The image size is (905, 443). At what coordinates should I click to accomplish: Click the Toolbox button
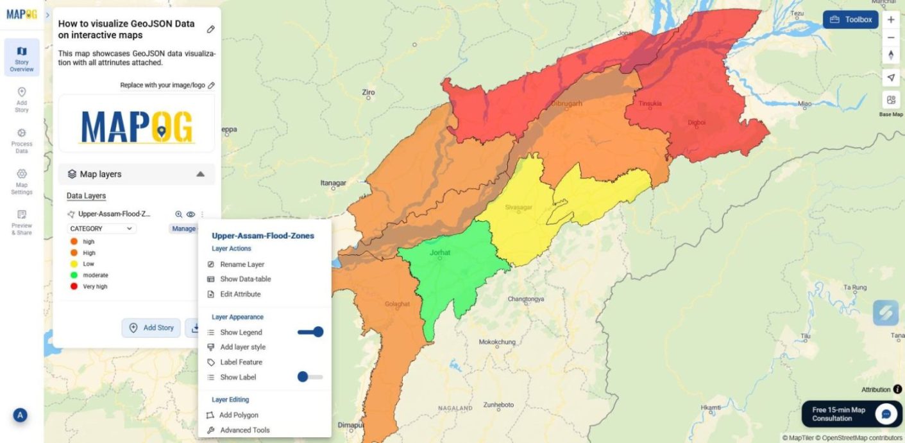(850, 19)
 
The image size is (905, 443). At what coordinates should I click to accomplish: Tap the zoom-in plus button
(891, 20)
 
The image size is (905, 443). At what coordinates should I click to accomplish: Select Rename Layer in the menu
(241, 265)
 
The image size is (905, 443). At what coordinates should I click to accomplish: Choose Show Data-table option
(244, 279)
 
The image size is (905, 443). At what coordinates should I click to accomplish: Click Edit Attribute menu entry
(240, 294)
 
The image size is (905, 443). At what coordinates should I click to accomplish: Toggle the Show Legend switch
(310, 332)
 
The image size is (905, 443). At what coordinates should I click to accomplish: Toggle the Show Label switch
(310, 377)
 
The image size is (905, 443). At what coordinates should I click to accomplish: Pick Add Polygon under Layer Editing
(238, 415)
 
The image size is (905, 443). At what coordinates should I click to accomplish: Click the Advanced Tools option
(244, 430)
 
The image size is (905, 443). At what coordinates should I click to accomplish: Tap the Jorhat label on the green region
(440, 253)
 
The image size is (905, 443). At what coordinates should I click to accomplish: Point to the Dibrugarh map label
(567, 103)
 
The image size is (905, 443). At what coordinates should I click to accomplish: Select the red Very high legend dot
(74, 286)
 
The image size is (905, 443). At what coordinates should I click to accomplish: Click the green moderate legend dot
(74, 275)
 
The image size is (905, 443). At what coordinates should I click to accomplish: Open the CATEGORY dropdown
(101, 229)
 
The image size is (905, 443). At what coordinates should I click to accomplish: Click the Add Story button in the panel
(151, 327)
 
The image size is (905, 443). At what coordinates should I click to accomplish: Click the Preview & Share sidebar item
(22, 222)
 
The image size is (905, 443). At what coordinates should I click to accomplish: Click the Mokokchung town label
(497, 342)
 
